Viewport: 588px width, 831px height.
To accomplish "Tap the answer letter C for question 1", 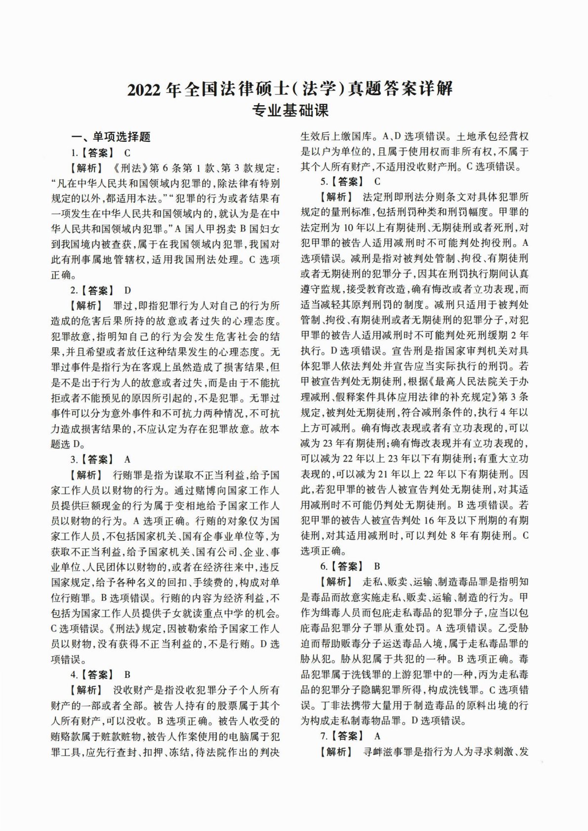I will [127, 153].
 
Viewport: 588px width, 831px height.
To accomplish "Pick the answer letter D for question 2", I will [128, 290].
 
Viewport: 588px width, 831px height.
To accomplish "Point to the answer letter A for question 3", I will [127, 460].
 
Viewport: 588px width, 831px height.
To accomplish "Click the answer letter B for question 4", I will [127, 674].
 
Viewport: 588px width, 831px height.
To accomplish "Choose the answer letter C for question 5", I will [378, 181].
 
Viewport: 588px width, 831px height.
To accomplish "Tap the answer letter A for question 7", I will [378, 736].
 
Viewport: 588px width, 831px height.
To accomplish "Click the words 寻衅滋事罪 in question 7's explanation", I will [389, 752].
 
